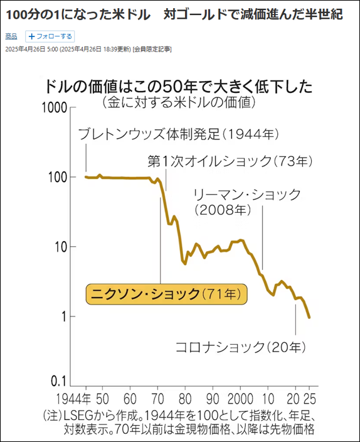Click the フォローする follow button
coord(50,36)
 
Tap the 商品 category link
coord(11,36)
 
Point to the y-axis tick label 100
coord(58,178)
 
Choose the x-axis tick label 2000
coord(240,398)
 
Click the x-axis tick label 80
coord(184,398)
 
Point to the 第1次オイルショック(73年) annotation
coord(230,161)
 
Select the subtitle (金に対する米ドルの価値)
coord(179,101)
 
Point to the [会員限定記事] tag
coord(152,49)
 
